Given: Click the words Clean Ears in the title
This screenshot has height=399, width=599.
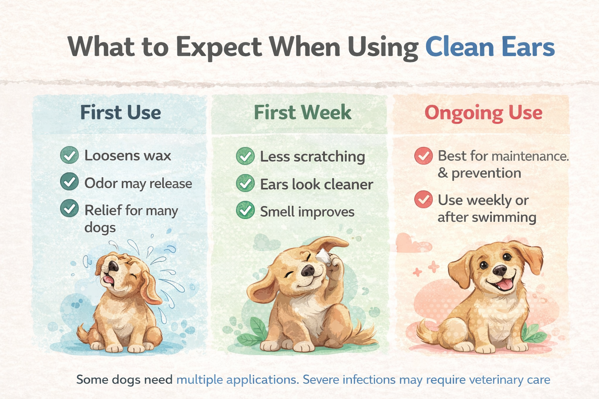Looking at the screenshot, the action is pyautogui.click(x=490, y=47).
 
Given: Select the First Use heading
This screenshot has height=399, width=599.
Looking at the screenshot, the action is pyautogui.click(x=121, y=112).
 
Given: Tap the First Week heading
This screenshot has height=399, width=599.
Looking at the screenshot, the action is pyautogui.click(x=303, y=112).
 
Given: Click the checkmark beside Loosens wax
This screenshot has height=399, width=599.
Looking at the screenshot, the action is pyautogui.click(x=69, y=155).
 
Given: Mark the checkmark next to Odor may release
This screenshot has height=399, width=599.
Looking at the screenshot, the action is pyautogui.click(x=69, y=182).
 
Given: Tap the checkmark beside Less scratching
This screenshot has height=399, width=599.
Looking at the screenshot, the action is pyautogui.click(x=245, y=156).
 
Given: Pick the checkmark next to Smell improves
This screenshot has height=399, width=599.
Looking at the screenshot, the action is pyautogui.click(x=245, y=210).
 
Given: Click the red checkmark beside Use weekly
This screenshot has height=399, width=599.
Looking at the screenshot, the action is pyautogui.click(x=423, y=199).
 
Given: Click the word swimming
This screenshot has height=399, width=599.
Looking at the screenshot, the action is pyautogui.click(x=504, y=217).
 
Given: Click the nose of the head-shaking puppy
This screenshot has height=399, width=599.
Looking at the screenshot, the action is pyautogui.click(x=113, y=266).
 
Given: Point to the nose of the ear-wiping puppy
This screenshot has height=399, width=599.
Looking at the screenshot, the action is pyautogui.click(x=308, y=270).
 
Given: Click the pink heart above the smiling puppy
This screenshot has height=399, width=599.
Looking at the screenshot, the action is pyautogui.click(x=412, y=243).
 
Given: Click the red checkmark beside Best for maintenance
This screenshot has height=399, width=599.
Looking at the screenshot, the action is pyautogui.click(x=423, y=156).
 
